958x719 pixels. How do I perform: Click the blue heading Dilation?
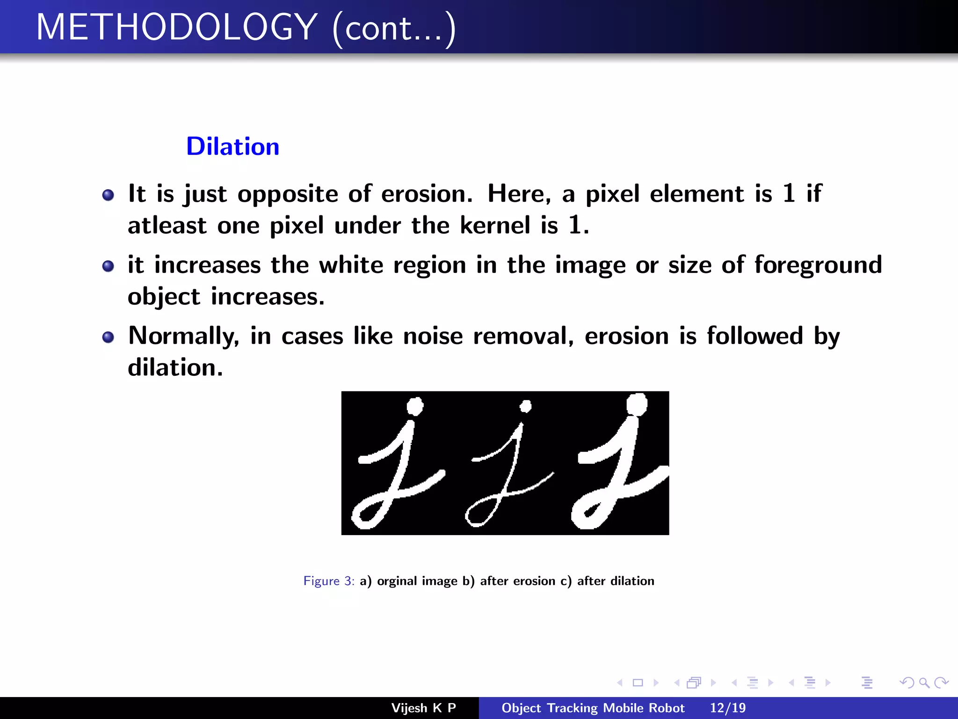[232, 147]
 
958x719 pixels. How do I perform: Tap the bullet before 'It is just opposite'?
[108, 195]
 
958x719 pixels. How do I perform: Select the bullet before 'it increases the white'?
[108, 266]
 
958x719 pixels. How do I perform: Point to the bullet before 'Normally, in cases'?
[108, 337]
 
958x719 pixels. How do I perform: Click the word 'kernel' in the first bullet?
[495, 225]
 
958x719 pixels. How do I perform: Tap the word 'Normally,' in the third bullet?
[184, 337]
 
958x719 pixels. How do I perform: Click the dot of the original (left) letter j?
[415, 406]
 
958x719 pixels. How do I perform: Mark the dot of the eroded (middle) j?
[526, 406]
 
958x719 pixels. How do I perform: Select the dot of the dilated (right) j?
[637, 404]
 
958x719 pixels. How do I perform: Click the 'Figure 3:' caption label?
[329, 581]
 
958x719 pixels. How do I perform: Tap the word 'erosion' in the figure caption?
[534, 581]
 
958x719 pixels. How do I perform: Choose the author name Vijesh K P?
[423, 708]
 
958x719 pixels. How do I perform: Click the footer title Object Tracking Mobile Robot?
[593, 708]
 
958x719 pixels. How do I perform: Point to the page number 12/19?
[727, 708]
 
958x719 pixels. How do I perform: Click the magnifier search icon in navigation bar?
[924, 682]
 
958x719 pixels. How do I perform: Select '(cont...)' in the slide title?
[394, 28]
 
